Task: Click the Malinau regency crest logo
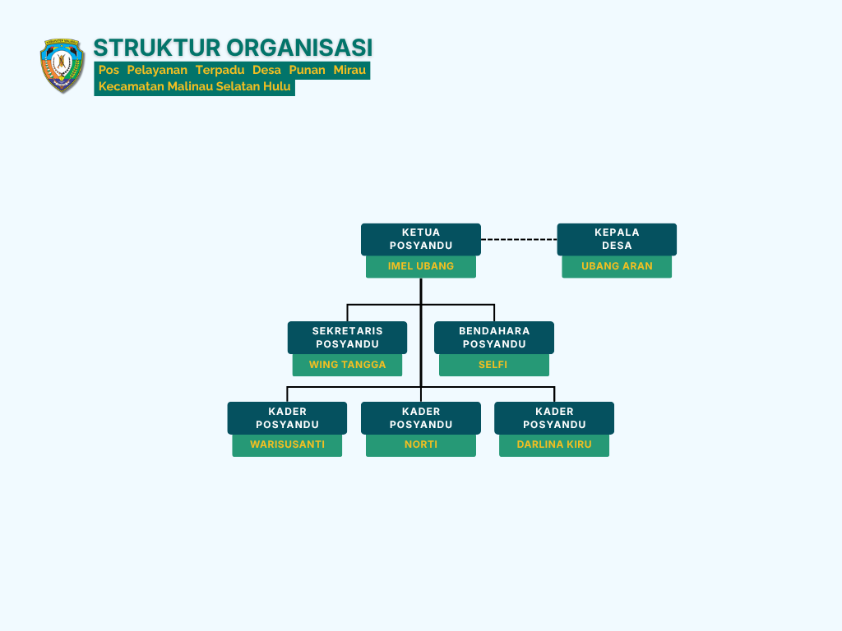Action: pyautogui.click(x=62, y=66)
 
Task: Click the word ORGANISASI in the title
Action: pyautogui.click(x=299, y=48)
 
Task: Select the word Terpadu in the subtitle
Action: pyautogui.click(x=220, y=70)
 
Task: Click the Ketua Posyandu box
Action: pyautogui.click(x=421, y=239)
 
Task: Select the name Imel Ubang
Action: pyautogui.click(x=421, y=266)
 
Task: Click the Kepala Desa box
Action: pyautogui.click(x=617, y=239)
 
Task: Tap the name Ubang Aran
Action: pyautogui.click(x=617, y=266)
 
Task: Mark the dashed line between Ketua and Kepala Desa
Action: pyautogui.click(x=519, y=239)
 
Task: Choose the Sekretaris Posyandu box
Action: pyautogui.click(x=348, y=338)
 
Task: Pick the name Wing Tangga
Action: pyautogui.click(x=348, y=365)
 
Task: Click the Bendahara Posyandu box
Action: pyautogui.click(x=494, y=338)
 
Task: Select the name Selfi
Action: pyautogui.click(x=493, y=365)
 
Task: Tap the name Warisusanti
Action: pyautogui.click(x=287, y=444)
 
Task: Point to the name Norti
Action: pyautogui.click(x=421, y=444)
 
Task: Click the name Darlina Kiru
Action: pyautogui.click(x=554, y=444)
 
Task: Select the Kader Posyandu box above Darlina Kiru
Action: pyautogui.click(x=554, y=418)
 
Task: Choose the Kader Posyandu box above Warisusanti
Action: pyautogui.click(x=287, y=418)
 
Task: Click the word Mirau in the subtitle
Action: pyautogui.click(x=349, y=70)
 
